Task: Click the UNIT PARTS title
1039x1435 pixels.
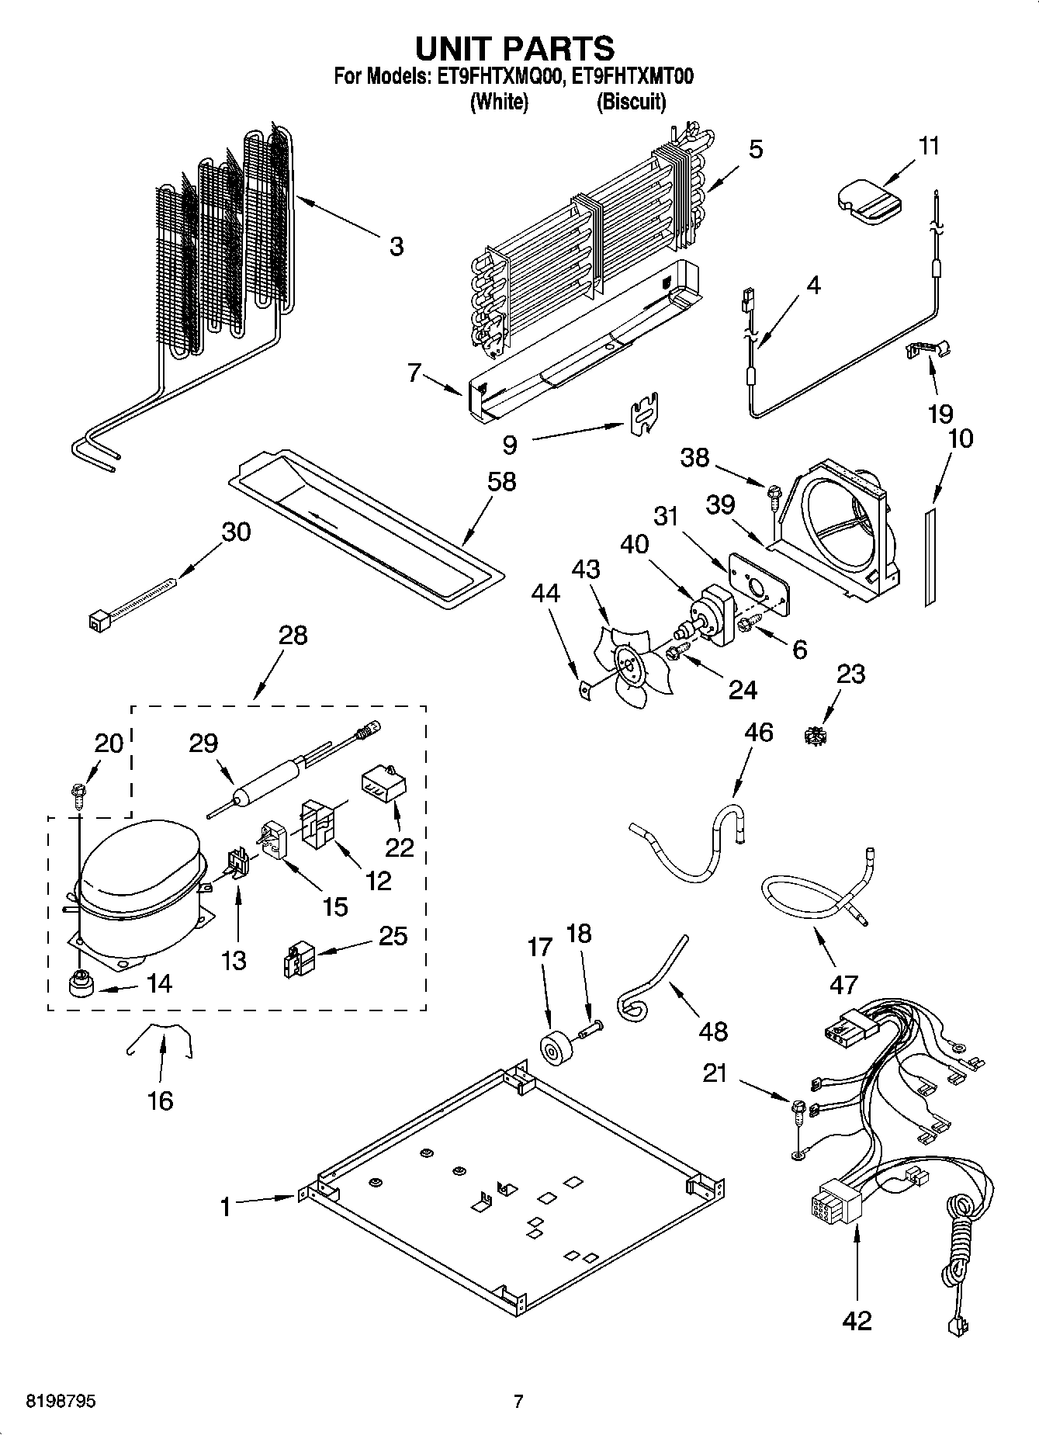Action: [x=514, y=48]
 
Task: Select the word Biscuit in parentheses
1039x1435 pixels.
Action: [x=631, y=102]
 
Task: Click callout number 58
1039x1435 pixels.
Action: [x=501, y=481]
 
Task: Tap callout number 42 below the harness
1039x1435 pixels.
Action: [x=857, y=1319]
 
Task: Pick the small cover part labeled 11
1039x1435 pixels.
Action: [x=869, y=202]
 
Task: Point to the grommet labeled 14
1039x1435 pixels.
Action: [x=81, y=984]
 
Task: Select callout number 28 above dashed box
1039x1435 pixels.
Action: [x=293, y=636]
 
